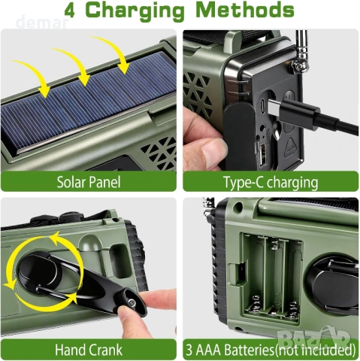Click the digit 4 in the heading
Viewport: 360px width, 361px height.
(72, 11)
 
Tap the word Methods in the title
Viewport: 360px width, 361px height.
(247, 11)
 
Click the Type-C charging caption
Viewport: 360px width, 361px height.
(270, 182)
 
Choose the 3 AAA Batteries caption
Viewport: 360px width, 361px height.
(270, 349)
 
